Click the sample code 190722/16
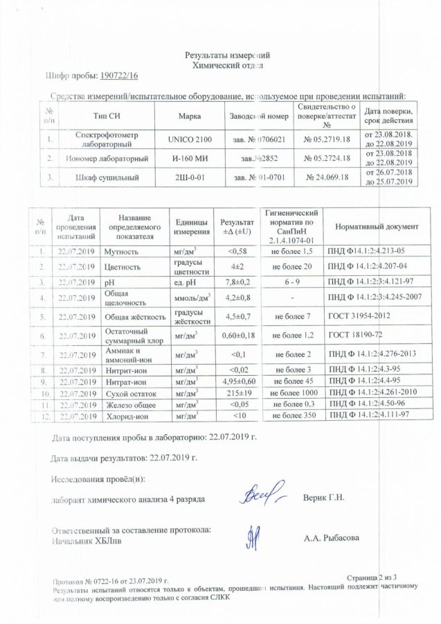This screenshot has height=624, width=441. pos(120,76)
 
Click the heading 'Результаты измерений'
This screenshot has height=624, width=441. pos(226,55)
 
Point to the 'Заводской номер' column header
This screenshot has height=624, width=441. pos(258,115)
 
